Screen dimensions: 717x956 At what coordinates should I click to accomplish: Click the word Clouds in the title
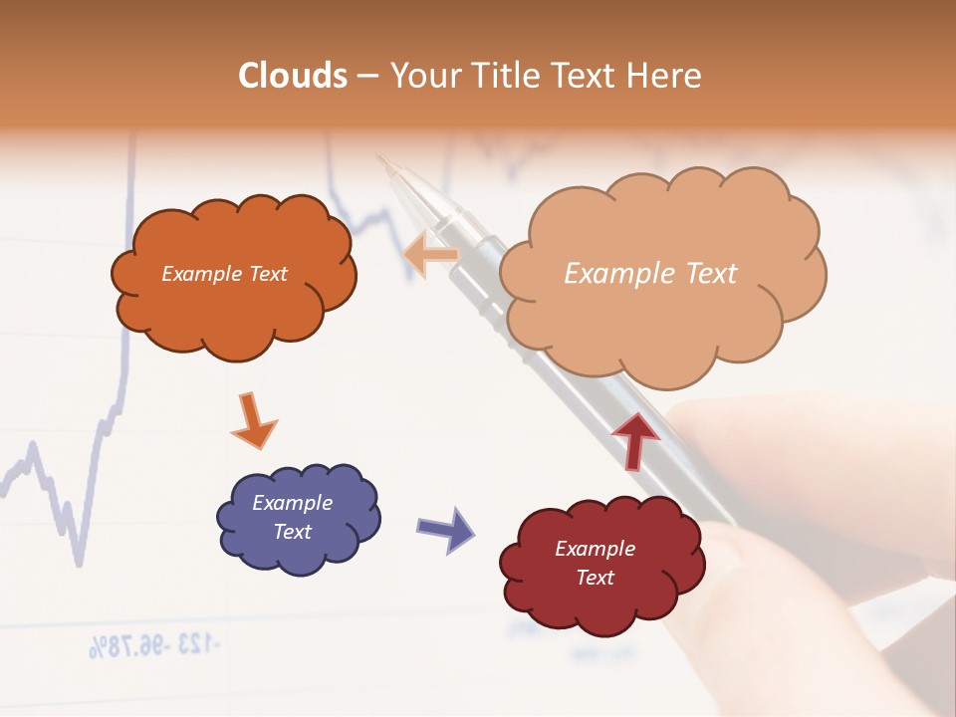(292, 76)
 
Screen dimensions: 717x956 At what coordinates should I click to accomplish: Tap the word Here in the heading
(667, 76)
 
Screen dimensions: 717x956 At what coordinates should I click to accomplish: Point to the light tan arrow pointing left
(431, 254)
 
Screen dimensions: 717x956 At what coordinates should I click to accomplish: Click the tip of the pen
(378, 155)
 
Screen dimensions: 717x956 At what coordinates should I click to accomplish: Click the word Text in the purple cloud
(293, 532)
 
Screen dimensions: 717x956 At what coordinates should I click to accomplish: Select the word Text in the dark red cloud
(596, 578)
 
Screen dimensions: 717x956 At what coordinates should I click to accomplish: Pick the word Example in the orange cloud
(195, 273)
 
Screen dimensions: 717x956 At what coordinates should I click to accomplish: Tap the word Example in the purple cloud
(293, 503)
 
